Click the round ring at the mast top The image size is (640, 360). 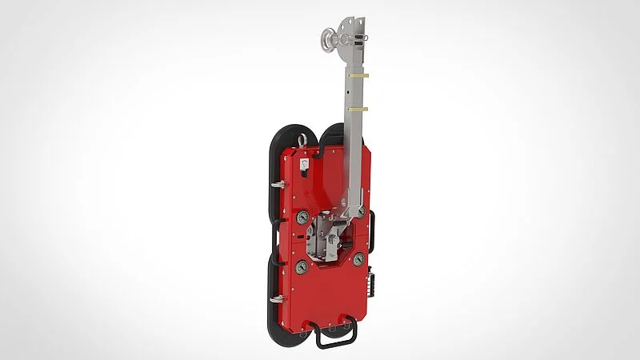click(x=330, y=37)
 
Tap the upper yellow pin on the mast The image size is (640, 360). click(x=358, y=76)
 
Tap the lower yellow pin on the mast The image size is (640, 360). click(x=358, y=108)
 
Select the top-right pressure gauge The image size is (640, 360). click(x=362, y=211)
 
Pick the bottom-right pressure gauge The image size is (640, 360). click(x=359, y=259)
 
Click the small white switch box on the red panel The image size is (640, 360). click(x=305, y=165)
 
